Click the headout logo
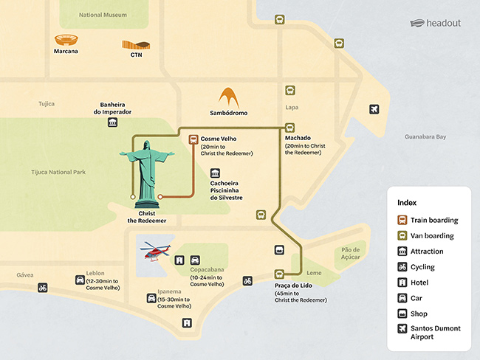coord(435,22)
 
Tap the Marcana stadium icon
coord(66,40)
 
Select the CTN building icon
coord(136,45)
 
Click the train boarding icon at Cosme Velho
coord(193,138)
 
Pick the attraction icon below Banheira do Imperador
coord(112,122)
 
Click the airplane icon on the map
coord(374,110)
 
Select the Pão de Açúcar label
coord(351,254)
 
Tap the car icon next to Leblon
coord(79,280)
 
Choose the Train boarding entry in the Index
coord(428,220)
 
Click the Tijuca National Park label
coord(59,172)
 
